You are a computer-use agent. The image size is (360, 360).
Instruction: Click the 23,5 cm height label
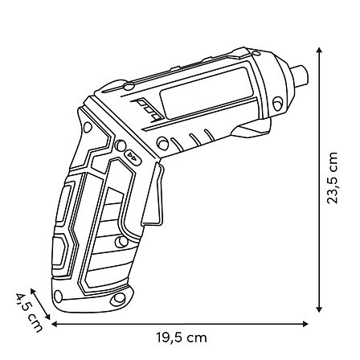pyautogui.click(x=332, y=178)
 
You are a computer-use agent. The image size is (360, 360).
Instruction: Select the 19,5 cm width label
pyautogui.click(x=182, y=337)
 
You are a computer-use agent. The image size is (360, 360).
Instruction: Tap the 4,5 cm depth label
pyautogui.click(x=30, y=313)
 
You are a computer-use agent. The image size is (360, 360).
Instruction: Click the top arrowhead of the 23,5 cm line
pyautogui.click(x=319, y=50)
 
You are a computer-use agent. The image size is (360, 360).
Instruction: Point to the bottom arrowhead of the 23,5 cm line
pyautogui.click(x=319, y=309)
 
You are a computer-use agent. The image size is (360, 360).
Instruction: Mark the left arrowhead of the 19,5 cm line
pyautogui.click(x=55, y=324)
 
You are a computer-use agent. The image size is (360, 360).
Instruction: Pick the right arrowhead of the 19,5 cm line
pyautogui.click(x=305, y=324)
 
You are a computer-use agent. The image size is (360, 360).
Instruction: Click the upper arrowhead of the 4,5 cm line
pyautogui.click(x=33, y=292)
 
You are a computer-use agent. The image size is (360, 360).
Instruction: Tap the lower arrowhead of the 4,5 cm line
pyautogui.click(x=47, y=317)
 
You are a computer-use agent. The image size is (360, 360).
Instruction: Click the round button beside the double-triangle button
pyautogui.click(x=120, y=145)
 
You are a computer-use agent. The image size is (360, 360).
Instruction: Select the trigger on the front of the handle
pyautogui.click(x=153, y=194)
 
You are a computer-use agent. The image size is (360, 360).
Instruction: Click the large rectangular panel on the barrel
pyautogui.click(x=207, y=92)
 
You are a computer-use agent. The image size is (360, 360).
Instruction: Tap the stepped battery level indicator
pyautogui.click(x=147, y=109)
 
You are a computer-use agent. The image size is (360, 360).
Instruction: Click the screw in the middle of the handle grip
pyautogui.click(x=121, y=242)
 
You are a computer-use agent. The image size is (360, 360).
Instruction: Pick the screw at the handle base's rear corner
pyautogui.click(x=58, y=297)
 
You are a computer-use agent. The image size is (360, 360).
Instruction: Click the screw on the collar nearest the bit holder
pyautogui.click(x=277, y=103)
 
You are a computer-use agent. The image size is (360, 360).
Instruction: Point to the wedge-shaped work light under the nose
pyautogui.click(x=252, y=129)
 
